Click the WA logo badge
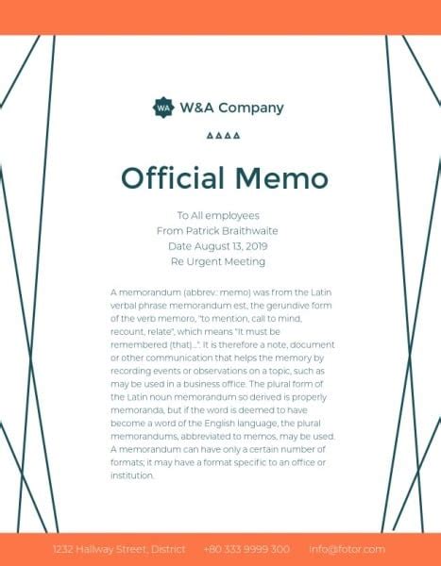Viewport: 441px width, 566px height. pyautogui.click(x=163, y=108)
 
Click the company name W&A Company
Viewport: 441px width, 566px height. pyautogui.click(x=232, y=108)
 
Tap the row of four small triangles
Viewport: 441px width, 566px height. pyautogui.click(x=222, y=136)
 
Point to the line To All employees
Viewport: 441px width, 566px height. pyautogui.click(x=218, y=216)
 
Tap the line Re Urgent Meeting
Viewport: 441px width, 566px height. pyautogui.click(x=218, y=261)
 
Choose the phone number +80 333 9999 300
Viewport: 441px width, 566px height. pyautogui.click(x=246, y=549)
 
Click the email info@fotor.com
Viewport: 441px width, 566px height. pyautogui.click(x=348, y=549)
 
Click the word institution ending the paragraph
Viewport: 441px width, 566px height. pyautogui.click(x=132, y=475)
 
